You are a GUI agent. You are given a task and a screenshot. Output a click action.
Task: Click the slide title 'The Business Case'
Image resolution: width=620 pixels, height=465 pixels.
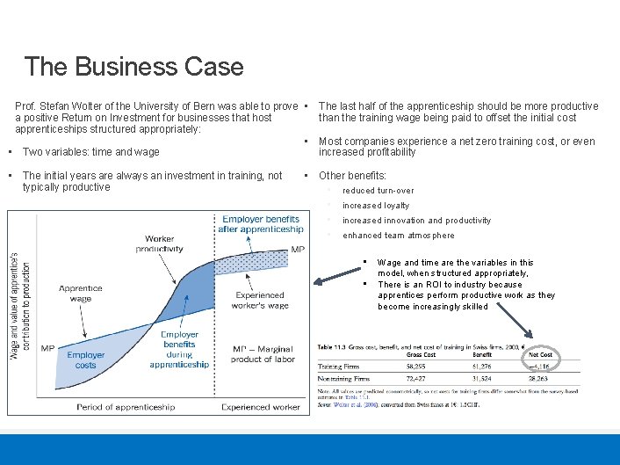tap(133, 66)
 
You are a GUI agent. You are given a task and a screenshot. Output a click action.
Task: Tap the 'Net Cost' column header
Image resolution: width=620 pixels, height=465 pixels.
tap(540, 354)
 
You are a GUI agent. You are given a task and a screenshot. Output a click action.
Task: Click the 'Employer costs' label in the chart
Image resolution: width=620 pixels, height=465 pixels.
tap(86, 360)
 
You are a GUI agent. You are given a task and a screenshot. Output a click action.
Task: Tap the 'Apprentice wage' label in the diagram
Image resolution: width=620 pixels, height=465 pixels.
tap(80, 294)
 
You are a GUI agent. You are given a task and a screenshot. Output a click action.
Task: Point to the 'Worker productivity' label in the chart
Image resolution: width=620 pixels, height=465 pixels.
tap(160, 243)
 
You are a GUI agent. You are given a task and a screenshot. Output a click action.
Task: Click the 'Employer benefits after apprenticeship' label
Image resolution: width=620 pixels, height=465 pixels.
tap(261, 224)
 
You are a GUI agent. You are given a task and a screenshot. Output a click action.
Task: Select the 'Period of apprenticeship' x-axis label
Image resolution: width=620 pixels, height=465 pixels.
tap(125, 407)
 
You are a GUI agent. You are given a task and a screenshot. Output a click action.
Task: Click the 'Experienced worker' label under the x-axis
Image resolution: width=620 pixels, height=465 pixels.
tap(261, 407)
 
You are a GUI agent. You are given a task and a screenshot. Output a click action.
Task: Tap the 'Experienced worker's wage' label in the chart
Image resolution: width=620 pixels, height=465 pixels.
tap(261, 300)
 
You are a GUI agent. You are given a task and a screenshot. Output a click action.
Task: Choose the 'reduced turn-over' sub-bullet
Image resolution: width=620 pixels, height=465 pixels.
tap(378, 191)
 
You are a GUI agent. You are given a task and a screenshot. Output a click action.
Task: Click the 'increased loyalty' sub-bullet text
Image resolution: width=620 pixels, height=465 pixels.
tap(376, 206)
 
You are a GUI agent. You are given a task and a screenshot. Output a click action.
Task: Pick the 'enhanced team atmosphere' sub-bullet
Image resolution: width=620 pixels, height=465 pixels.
tap(399, 236)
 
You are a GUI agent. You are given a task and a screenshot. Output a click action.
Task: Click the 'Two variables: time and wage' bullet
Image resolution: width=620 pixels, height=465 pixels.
tap(90, 152)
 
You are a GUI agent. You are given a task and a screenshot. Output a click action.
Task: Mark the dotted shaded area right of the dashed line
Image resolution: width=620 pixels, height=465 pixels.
tap(259, 263)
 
